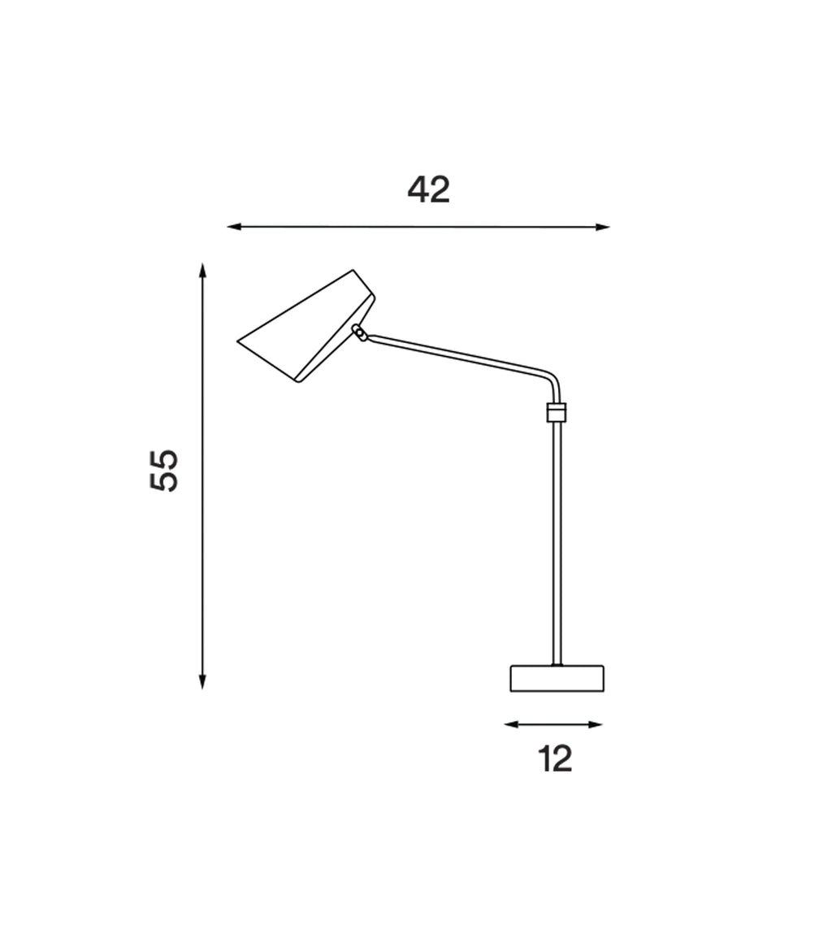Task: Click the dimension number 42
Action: click(x=429, y=190)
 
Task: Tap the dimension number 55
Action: click(x=164, y=470)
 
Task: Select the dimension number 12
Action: click(x=555, y=759)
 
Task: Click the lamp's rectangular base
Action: click(x=557, y=679)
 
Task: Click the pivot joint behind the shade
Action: click(x=360, y=333)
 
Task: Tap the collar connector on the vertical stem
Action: click(x=557, y=412)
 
